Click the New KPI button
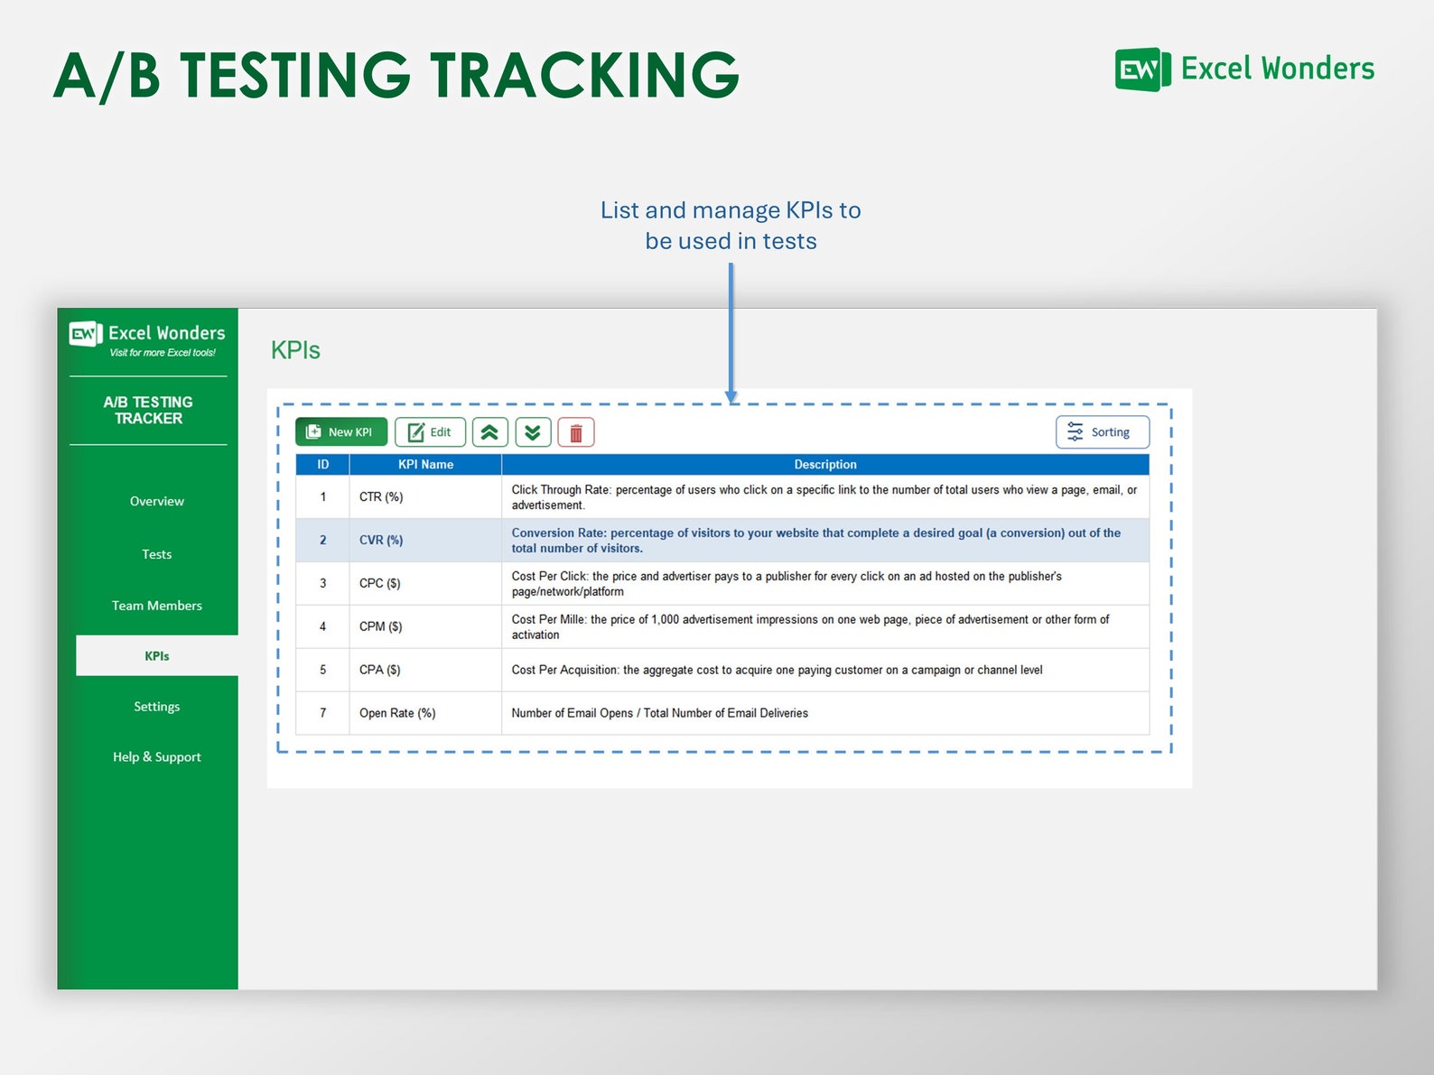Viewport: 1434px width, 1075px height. click(x=341, y=432)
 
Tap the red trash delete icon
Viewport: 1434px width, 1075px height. click(x=576, y=433)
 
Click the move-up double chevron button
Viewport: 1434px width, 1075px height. click(x=489, y=433)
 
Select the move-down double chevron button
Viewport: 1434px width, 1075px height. click(x=533, y=433)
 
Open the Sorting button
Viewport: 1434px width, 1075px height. click(x=1103, y=432)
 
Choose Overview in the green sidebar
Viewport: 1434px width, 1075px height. click(x=156, y=501)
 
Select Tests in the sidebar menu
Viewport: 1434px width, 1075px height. click(x=156, y=554)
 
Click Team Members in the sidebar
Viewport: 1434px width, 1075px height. click(x=156, y=606)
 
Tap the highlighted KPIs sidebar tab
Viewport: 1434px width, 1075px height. click(x=157, y=656)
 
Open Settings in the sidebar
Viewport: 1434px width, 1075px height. click(x=156, y=707)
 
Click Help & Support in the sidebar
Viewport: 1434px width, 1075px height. click(x=156, y=757)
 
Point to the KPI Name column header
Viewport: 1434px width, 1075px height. click(x=425, y=465)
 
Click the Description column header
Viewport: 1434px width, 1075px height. click(x=824, y=465)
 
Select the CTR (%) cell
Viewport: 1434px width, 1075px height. click(x=381, y=497)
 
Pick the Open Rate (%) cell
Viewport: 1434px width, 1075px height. click(x=397, y=713)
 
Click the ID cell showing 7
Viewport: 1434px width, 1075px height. click(x=322, y=713)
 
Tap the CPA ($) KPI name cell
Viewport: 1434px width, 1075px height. click(x=380, y=670)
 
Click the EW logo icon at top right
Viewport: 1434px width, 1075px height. click(x=1142, y=70)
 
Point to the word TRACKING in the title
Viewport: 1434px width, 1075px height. click(x=584, y=75)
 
